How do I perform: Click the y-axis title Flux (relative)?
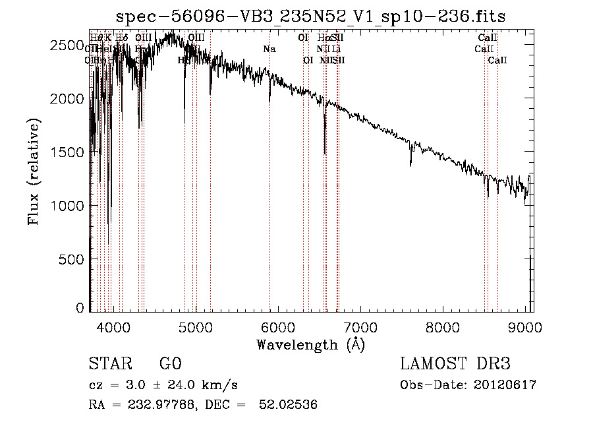click(x=34, y=171)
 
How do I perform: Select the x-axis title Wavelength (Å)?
click(x=310, y=344)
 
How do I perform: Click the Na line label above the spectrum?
click(x=269, y=49)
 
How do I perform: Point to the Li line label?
click(x=336, y=49)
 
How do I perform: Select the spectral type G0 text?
click(x=170, y=365)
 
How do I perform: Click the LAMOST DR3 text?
click(x=455, y=365)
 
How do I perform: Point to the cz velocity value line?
click(x=163, y=385)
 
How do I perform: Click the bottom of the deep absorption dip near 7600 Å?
click(x=410, y=165)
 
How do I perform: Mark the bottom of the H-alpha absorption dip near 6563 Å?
click(x=325, y=154)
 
